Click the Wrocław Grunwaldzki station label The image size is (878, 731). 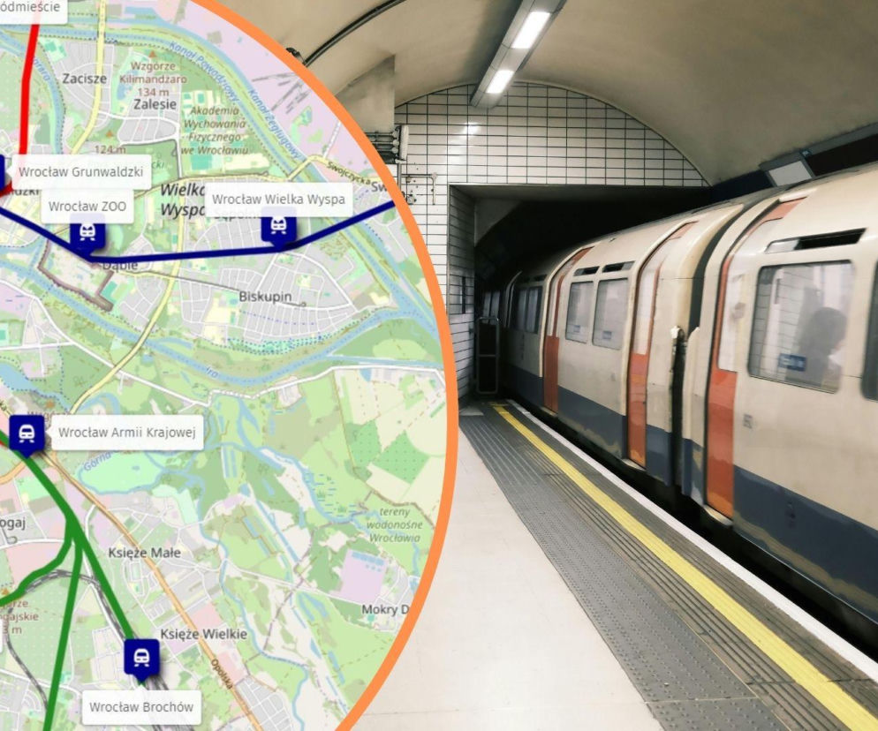(x=80, y=171)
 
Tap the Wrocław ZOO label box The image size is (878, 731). (x=87, y=207)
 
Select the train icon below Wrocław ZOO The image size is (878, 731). (x=87, y=232)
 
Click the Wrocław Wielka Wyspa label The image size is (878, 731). (x=278, y=200)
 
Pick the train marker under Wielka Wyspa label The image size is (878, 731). (x=278, y=227)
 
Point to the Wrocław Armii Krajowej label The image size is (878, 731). (x=127, y=433)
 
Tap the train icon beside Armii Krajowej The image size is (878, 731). (x=27, y=433)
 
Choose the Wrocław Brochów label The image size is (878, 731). (x=140, y=707)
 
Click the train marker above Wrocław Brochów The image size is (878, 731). (x=141, y=657)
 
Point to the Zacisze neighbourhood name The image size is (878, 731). (x=85, y=79)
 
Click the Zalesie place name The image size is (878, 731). (x=155, y=103)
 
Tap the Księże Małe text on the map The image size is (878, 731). (x=143, y=553)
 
